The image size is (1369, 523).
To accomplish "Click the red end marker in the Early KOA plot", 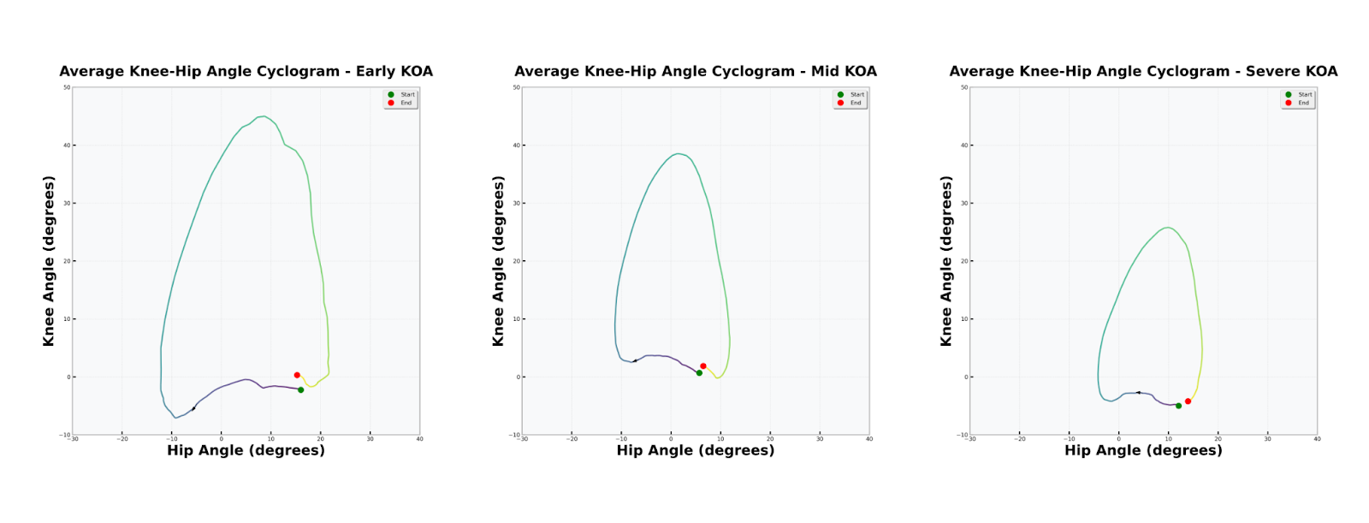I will [x=297, y=375].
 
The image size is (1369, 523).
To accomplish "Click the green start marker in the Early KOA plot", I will [x=300, y=389].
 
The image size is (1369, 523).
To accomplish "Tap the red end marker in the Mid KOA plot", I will [x=703, y=366].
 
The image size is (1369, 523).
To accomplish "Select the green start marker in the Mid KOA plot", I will [x=699, y=373].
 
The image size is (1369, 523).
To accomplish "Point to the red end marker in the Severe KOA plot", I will [x=1188, y=401].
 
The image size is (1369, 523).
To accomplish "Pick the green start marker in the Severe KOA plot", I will [x=1178, y=406].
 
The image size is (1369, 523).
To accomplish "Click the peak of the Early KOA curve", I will [x=264, y=116].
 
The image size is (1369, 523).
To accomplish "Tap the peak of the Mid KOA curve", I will [x=678, y=154].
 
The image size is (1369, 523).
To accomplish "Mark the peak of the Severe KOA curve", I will [x=1167, y=228].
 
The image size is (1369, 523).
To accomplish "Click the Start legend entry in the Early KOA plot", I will [x=407, y=95].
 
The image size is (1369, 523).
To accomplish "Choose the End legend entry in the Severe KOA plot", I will [x=1303, y=103].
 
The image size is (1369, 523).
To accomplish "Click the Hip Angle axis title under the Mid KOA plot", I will [x=695, y=450].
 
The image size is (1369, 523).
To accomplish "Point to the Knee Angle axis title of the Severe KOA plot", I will [x=946, y=261].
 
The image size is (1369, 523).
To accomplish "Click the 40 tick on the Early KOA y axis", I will [x=67, y=146].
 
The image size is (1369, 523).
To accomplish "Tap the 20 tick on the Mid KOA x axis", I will [x=770, y=439].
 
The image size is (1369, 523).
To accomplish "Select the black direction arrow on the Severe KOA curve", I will [x=1138, y=393].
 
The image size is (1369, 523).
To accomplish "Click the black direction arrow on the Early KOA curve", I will [x=193, y=408].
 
